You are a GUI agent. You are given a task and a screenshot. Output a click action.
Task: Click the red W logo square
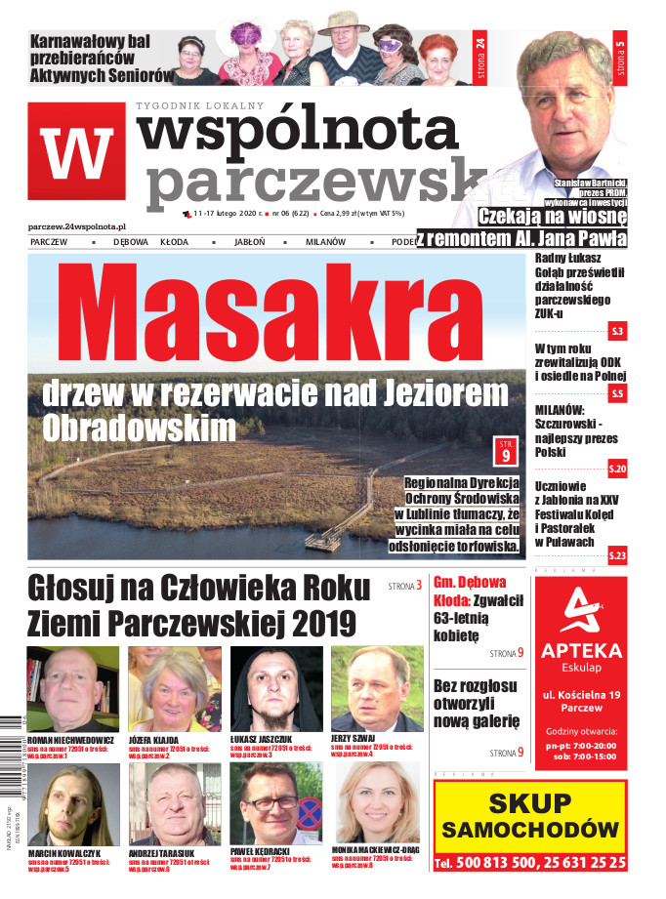coord(76,150)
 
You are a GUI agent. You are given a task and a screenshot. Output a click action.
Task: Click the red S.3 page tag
coord(616,332)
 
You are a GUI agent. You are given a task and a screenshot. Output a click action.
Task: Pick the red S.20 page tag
coord(616,470)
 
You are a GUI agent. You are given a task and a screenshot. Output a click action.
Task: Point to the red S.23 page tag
coord(616,555)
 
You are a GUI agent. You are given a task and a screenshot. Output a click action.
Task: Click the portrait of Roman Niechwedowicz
coord(73,688)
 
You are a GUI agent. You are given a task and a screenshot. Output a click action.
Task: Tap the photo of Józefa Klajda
coord(174,688)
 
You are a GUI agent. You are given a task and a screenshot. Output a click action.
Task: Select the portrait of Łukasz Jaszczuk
coord(275,688)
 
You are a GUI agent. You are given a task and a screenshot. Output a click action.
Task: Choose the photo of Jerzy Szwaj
coord(377,688)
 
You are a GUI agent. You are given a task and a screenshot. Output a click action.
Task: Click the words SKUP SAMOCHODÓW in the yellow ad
coord(527,817)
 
